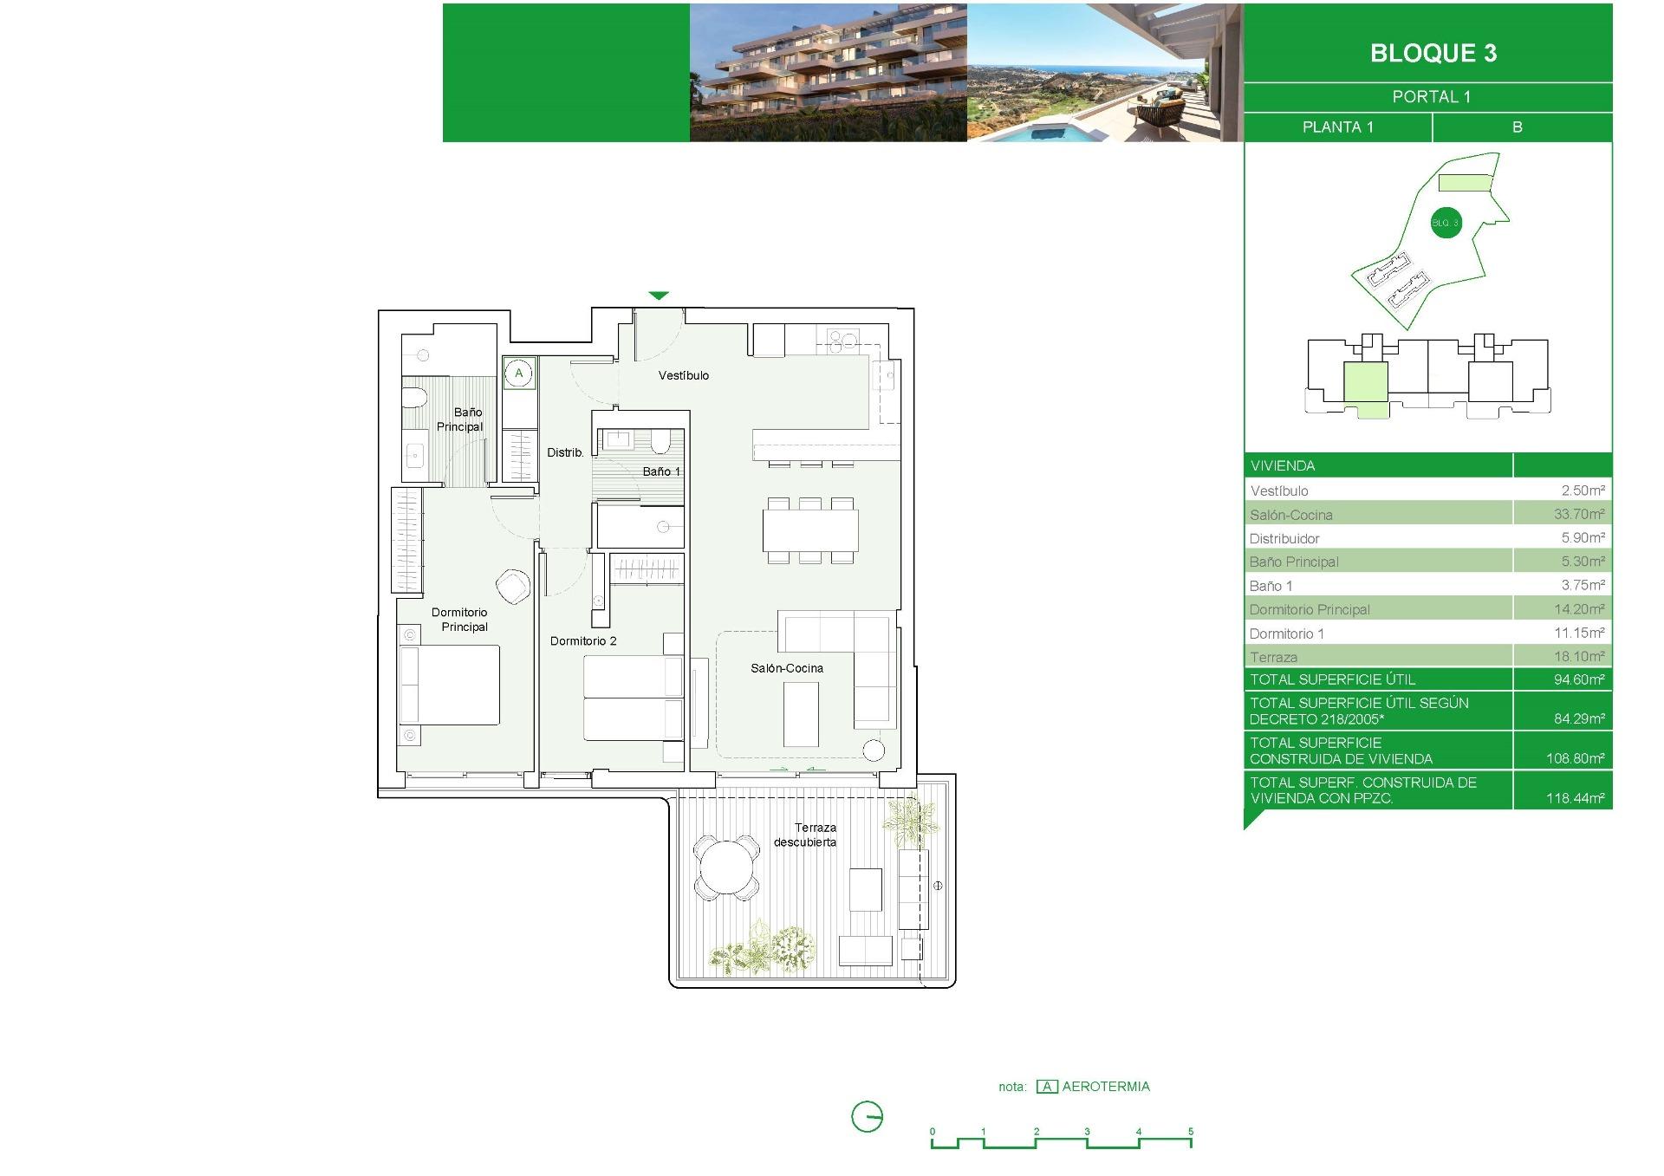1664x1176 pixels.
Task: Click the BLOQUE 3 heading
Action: pos(1433,54)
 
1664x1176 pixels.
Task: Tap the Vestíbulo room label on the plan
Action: pos(683,375)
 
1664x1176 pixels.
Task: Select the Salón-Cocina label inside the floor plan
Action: pos(786,668)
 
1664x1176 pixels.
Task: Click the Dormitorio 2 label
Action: pos(583,641)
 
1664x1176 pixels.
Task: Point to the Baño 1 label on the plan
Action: pos(661,471)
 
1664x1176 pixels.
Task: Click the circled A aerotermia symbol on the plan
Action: pos(519,374)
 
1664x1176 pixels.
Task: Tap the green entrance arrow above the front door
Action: pos(659,296)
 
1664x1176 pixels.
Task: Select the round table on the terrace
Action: pos(727,867)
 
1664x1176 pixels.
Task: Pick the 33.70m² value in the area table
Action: pos(1578,514)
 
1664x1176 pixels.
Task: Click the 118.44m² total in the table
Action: pos(1575,798)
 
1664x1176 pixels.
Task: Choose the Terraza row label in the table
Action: pos(1273,657)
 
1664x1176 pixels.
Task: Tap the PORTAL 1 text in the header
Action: pos(1431,97)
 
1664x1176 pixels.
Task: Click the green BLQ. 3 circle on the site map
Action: pos(1445,223)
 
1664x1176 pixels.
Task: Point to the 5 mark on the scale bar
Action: pos(1191,1132)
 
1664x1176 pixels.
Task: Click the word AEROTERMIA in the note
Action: pos(1106,1087)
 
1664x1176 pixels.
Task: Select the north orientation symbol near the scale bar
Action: pos(867,1116)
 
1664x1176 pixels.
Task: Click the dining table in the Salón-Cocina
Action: pos(810,530)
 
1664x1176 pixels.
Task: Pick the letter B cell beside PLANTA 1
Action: pos(1517,127)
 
